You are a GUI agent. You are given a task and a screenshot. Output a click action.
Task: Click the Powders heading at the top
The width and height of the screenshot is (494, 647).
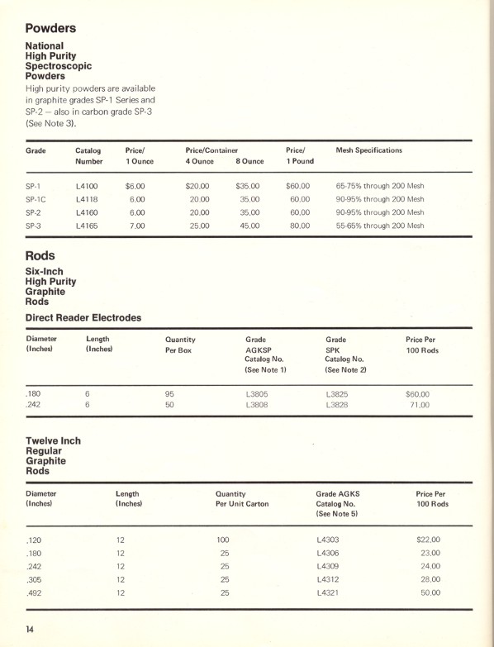[50, 28]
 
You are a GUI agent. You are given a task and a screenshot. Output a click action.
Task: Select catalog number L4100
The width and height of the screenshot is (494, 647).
[87, 186]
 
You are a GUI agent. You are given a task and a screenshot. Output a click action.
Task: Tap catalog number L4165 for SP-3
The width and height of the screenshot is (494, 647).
[87, 226]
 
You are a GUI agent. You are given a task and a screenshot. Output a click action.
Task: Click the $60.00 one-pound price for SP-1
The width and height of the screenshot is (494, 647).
[297, 186]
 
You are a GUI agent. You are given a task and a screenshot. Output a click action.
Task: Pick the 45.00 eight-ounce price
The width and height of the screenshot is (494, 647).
[249, 226]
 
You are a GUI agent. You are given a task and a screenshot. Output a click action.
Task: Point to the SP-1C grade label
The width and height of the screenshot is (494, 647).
[36, 199]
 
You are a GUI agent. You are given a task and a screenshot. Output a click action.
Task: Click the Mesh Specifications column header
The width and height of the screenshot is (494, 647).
[369, 150]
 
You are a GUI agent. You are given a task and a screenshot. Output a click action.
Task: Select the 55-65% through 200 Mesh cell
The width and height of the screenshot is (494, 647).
[380, 226]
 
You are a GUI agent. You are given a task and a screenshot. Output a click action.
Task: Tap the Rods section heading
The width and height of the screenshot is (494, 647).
[40, 256]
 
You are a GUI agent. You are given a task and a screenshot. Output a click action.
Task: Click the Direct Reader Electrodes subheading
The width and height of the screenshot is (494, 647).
[83, 317]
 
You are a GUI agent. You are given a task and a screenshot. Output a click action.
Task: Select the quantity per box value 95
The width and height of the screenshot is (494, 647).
[170, 394]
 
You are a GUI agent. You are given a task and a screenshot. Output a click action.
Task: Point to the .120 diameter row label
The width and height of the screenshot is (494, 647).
[35, 540]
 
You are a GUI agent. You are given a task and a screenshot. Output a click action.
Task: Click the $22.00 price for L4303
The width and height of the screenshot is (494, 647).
[429, 540]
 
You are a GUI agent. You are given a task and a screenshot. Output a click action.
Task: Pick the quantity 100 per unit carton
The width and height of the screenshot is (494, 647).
[223, 540]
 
